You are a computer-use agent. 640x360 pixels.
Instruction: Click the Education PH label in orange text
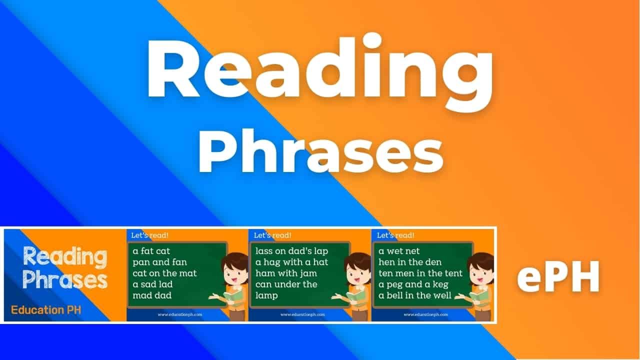tap(46, 310)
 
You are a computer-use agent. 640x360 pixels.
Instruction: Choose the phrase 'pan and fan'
tap(157, 262)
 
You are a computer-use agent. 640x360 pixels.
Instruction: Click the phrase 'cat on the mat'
tap(164, 273)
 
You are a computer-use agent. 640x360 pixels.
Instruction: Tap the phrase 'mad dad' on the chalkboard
tap(152, 295)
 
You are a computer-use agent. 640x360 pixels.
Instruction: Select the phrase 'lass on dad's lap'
tap(292, 251)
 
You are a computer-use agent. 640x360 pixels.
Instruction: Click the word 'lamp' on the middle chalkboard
tap(267, 295)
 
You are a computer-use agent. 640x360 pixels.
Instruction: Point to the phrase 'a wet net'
tap(399, 251)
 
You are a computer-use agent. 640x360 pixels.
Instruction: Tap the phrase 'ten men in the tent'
tap(420, 273)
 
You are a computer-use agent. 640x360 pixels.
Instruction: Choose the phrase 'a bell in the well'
tap(415, 295)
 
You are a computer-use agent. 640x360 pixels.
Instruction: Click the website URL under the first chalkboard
tap(179, 314)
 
